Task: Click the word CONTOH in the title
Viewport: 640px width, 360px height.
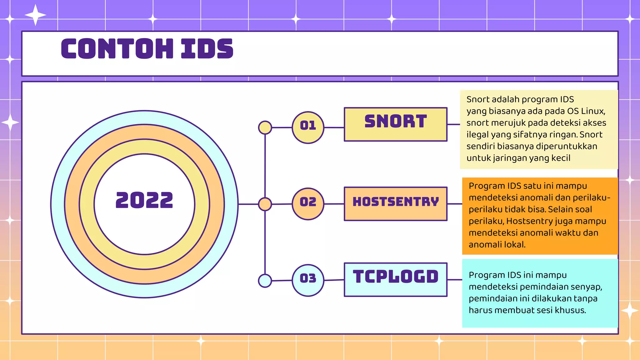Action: click(x=117, y=49)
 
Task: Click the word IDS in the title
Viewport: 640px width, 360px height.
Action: click(x=207, y=49)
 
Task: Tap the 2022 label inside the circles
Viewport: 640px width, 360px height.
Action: click(x=144, y=200)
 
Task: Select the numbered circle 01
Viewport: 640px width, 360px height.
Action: click(x=308, y=127)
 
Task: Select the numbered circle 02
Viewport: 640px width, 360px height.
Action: click(x=308, y=204)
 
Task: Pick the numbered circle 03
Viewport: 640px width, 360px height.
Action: click(x=308, y=280)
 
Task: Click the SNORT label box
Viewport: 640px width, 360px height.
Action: click(x=395, y=124)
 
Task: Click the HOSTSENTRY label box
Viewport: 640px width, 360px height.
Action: click(x=395, y=203)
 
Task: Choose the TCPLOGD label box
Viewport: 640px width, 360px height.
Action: click(x=395, y=279)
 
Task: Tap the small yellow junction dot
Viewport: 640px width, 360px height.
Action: click(x=265, y=127)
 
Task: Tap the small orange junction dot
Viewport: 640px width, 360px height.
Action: click(x=265, y=204)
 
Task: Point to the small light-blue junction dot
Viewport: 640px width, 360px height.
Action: click(x=265, y=281)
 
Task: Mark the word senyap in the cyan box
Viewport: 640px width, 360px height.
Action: click(x=586, y=287)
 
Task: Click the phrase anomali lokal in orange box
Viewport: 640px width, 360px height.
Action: click(x=497, y=245)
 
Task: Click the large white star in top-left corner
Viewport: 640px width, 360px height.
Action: click(x=35, y=15)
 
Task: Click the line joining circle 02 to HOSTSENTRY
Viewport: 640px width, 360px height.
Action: click(x=334, y=204)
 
